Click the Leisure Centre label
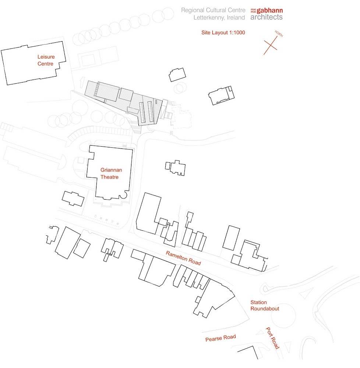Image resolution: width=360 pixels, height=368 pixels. pyautogui.click(x=46, y=60)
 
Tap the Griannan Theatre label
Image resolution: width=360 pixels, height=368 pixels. pyautogui.click(x=111, y=174)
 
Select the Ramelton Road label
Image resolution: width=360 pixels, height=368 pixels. pyautogui.click(x=183, y=258)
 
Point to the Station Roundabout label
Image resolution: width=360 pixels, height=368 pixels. pyautogui.click(x=265, y=305)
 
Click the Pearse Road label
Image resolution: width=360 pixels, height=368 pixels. pyautogui.click(x=220, y=338)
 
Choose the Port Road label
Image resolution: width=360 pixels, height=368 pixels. pyautogui.click(x=273, y=338)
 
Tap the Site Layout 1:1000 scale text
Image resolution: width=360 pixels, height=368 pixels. pyautogui.click(x=223, y=32)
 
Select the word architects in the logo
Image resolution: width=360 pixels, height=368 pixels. pyautogui.click(x=267, y=17)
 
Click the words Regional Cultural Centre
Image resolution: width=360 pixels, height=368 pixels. pyautogui.click(x=213, y=10)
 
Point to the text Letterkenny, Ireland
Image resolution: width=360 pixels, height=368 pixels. pyautogui.click(x=219, y=18)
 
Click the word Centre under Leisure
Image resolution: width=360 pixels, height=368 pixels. pyautogui.click(x=46, y=64)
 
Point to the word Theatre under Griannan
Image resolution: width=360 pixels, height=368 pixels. pyautogui.click(x=110, y=177)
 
